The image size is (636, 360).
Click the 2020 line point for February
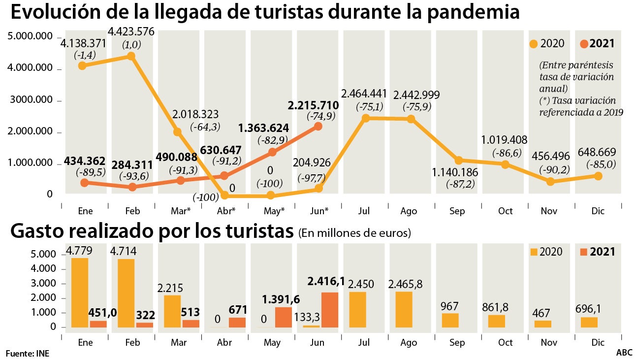click(131, 56)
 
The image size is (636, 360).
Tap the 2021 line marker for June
click(318, 126)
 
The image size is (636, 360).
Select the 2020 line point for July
click(365, 118)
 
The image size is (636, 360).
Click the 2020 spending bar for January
click(80, 293)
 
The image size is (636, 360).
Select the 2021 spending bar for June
click(330, 310)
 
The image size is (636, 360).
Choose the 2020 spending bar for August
click(404, 310)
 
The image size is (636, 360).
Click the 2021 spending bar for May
click(283, 317)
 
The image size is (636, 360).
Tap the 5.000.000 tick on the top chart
click(30, 37)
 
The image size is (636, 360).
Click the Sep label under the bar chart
click(457, 342)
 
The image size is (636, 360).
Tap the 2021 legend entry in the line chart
click(597, 43)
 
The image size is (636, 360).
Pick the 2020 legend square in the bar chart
click(534, 252)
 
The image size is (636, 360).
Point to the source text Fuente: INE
click(28, 353)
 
